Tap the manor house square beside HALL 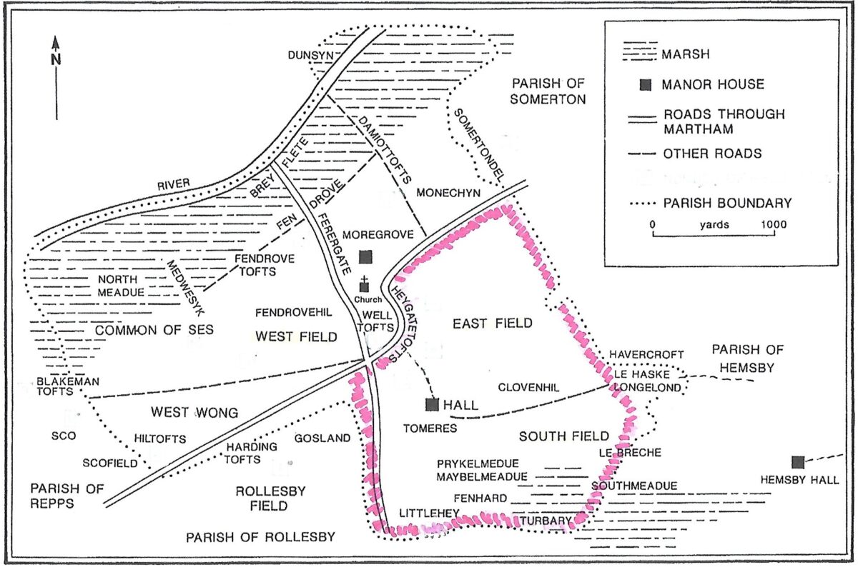(x=432, y=405)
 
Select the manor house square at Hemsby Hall (x=799, y=462)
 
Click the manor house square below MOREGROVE (x=365, y=256)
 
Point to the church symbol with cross (x=365, y=285)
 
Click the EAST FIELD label (x=493, y=323)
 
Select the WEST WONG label (x=184, y=412)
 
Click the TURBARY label (x=547, y=521)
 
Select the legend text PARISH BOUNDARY (x=728, y=203)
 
